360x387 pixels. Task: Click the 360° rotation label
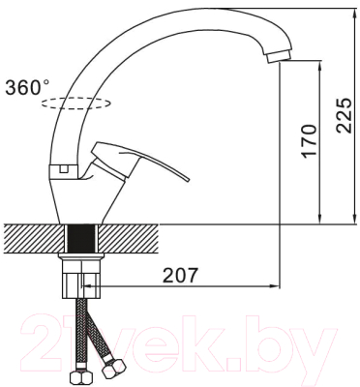[x=27, y=87]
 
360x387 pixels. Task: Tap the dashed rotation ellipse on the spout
[x=76, y=104]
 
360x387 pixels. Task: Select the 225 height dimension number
[x=344, y=115]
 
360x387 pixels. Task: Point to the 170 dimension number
[x=308, y=140]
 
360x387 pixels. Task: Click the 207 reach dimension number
[x=179, y=275]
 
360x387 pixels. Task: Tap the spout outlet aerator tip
[x=280, y=57]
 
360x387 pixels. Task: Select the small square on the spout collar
[x=64, y=168]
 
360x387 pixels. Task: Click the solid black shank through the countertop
[x=81, y=238]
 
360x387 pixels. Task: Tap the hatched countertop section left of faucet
[x=34, y=238]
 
